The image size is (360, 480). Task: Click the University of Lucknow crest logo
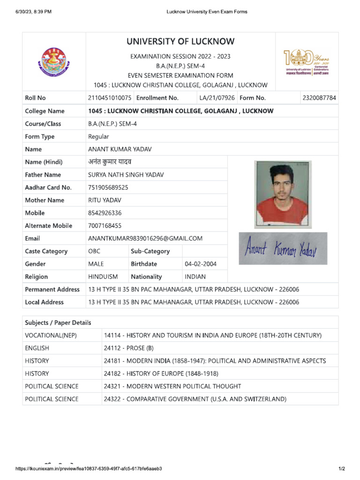[x=54, y=62]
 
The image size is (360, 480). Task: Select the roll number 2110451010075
[x=110, y=98]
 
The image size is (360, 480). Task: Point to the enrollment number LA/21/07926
[x=217, y=98]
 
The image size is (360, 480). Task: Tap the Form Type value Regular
[x=98, y=136]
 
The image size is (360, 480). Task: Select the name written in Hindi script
[x=110, y=162]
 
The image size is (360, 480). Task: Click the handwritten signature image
[x=283, y=248]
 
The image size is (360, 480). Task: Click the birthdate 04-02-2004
[x=201, y=264]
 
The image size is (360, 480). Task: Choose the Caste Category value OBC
[x=94, y=251]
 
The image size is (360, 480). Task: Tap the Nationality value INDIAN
[x=195, y=277]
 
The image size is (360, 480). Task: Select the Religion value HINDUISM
[x=103, y=277]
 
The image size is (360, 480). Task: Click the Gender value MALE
[x=96, y=264]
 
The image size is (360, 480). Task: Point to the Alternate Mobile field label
[x=48, y=225]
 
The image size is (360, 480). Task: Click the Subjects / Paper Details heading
[x=58, y=322]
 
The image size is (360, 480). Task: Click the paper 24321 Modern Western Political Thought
[x=172, y=386]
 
